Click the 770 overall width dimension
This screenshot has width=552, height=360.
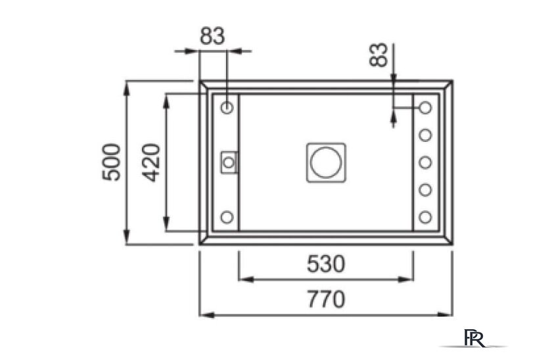point(326,300)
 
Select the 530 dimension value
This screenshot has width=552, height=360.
point(326,264)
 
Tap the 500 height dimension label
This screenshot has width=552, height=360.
point(112,162)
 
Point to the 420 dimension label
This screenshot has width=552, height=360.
point(151,162)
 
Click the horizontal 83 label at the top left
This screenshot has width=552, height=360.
point(212,36)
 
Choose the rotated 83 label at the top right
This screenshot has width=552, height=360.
point(378,55)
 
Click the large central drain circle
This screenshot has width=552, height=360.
point(326,162)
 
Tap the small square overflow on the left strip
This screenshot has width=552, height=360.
point(229,162)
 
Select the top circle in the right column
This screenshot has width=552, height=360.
point(425,107)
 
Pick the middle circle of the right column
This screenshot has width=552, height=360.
point(425,162)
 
